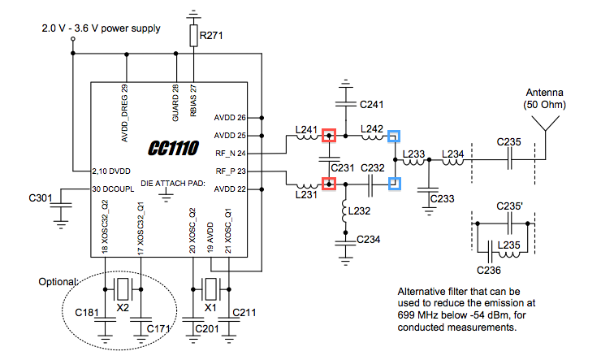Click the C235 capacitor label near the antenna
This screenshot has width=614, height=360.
coord(509,141)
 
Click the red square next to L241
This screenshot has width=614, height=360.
coord(328,136)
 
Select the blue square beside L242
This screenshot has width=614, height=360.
coord(393,136)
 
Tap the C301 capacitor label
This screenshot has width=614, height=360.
coord(41,197)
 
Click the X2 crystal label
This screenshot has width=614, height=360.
coord(123,310)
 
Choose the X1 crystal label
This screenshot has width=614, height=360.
coord(210,310)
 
